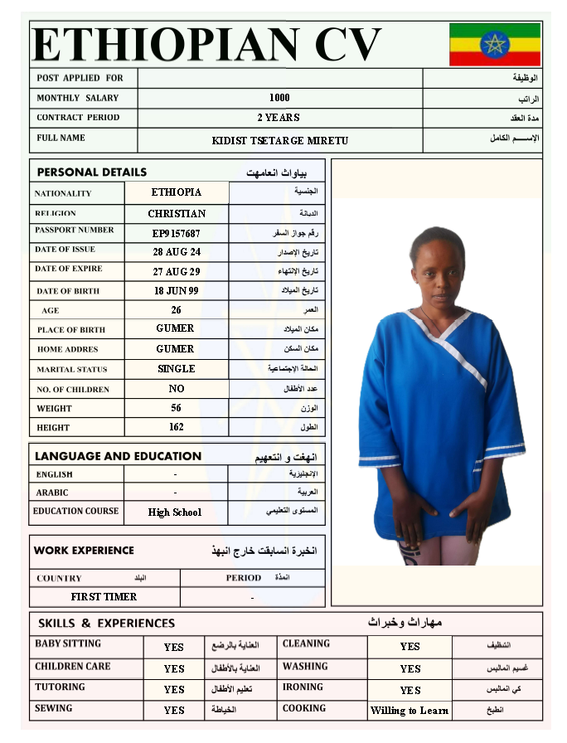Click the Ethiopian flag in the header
point(495,44)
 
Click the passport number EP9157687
point(176,233)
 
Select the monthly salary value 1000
point(279,98)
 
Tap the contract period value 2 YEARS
point(279,118)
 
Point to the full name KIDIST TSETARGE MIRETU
point(280,140)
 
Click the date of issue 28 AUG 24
point(177,252)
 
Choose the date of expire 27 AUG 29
point(177,272)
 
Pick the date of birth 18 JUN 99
point(176,291)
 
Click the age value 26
point(176,310)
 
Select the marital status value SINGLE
point(177,369)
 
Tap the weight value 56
point(176,408)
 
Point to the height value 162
point(176,427)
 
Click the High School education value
point(175,512)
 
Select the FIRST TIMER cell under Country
point(104,596)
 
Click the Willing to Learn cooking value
point(409,711)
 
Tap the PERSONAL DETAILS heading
point(92,172)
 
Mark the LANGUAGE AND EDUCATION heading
point(118,456)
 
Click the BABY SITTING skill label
point(68,643)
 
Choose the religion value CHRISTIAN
point(177,214)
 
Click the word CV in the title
point(347,44)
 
